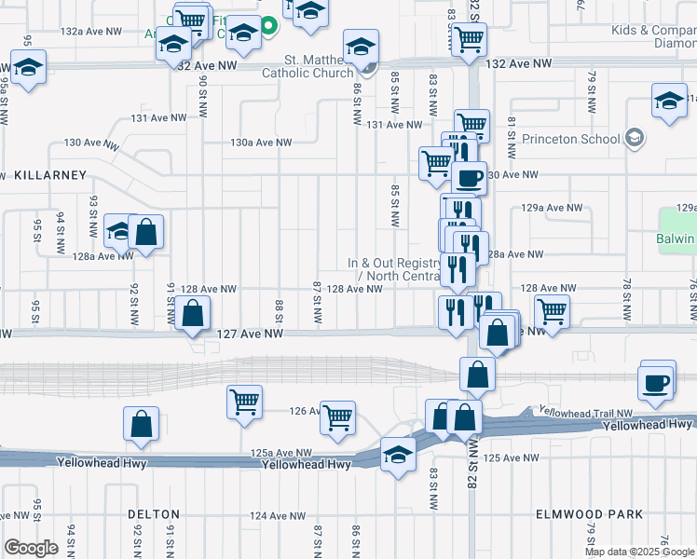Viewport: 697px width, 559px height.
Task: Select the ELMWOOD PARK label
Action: [x=590, y=514]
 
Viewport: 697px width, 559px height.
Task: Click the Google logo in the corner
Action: [x=31, y=548]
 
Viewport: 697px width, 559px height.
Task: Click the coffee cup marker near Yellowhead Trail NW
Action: [x=655, y=381]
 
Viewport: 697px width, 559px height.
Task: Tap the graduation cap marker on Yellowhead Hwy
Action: [x=398, y=456]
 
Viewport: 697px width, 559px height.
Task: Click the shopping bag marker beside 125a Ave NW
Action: [x=140, y=423]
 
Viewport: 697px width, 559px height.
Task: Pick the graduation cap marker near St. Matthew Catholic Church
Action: [x=361, y=46]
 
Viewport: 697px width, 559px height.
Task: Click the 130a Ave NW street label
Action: [x=262, y=143]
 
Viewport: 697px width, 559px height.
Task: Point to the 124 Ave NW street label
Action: [x=277, y=515]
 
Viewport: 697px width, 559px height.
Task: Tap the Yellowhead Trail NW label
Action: [x=584, y=411]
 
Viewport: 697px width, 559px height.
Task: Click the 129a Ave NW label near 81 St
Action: [x=553, y=208]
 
